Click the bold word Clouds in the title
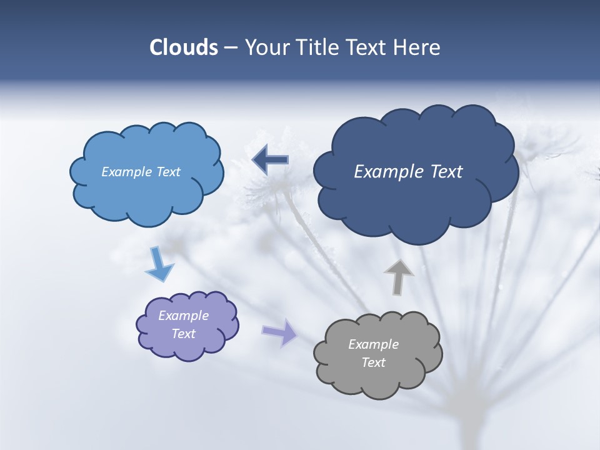[183, 47]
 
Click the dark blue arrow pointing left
[270, 160]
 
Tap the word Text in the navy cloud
[447, 171]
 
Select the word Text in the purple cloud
[184, 334]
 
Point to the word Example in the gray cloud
[373, 344]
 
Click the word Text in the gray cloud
[373, 362]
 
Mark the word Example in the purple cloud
[184, 316]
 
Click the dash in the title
[231, 48]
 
